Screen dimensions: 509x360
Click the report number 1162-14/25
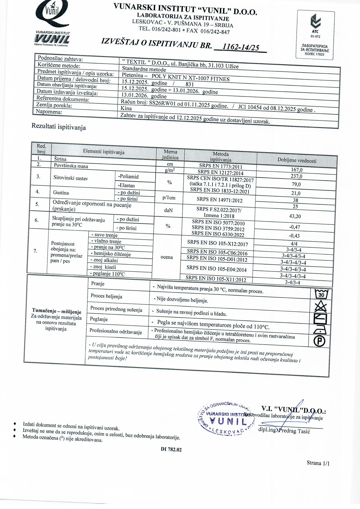pyautogui.click(x=240, y=47)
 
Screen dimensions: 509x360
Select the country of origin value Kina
pyautogui.click(x=126, y=108)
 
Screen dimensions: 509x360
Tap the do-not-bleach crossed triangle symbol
pyautogui.click(x=321, y=307)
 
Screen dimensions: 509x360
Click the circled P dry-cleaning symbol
pyautogui.click(x=320, y=341)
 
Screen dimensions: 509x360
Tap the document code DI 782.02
pyautogui.click(x=171, y=449)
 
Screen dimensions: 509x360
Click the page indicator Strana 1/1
pyautogui.click(x=318, y=463)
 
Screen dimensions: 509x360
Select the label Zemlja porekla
pyautogui.click(x=54, y=105)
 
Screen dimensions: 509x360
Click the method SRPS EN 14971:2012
pyautogui.click(x=219, y=200)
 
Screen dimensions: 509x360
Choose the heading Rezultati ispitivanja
pyautogui.click(x=59, y=127)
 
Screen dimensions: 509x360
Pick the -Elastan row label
pyautogui.click(x=126, y=185)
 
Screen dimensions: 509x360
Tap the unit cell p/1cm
pyautogui.click(x=169, y=198)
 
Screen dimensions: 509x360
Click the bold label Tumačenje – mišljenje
pyautogui.click(x=57, y=311)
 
